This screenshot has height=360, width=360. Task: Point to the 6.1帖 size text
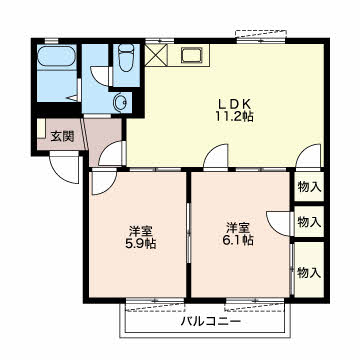point(238,240)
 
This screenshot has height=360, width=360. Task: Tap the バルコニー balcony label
point(208,322)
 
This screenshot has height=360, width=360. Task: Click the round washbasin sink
point(120,100)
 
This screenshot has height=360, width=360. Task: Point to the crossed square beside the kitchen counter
point(157,55)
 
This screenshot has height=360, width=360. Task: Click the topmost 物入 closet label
point(309,186)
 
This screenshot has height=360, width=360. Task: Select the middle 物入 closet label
point(309,222)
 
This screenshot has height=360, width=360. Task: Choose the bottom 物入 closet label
point(309,271)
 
